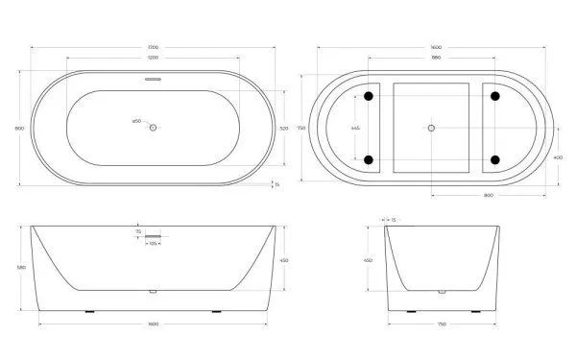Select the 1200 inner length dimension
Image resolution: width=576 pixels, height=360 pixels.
(153, 58)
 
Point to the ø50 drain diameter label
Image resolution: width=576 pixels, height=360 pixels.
(136, 120)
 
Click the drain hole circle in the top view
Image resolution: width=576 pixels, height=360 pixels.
(153, 123)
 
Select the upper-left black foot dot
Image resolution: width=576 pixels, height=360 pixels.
(369, 96)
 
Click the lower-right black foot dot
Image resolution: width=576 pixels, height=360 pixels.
(495, 159)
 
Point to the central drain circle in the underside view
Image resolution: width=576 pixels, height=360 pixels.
(431, 128)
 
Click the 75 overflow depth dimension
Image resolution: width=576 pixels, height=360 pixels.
(138, 231)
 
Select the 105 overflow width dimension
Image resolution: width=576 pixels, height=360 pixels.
(153, 244)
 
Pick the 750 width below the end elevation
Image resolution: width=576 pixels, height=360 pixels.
(441, 324)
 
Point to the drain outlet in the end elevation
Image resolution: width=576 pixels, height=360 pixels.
(441, 291)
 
